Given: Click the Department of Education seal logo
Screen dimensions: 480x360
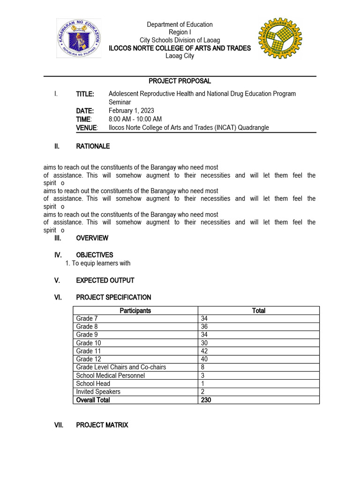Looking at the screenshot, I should coord(79,38).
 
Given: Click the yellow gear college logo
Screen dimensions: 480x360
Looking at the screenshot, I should coord(280,38).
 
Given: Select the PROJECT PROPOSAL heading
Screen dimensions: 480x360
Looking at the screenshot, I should coord(180,81).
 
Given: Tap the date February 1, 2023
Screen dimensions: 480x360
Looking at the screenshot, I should coord(131,111).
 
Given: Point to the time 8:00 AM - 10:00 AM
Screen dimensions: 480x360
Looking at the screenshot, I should coord(135,119).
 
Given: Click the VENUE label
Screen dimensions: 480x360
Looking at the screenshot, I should coord(87,127).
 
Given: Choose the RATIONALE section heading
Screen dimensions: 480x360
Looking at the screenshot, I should coord(93,146).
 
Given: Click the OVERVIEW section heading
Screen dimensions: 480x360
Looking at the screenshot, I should coord(92,238).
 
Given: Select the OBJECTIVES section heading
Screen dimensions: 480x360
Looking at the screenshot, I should coord(94,255).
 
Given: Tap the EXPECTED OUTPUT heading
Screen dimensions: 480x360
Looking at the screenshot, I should coord(105,280).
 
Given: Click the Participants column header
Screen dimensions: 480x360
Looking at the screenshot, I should coord(135,310).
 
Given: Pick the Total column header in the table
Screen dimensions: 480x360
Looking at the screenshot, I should coord(258,310).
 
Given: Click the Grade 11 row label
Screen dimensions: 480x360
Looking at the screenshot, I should coord(89,351).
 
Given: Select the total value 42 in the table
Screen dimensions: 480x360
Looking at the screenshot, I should coord(205,351).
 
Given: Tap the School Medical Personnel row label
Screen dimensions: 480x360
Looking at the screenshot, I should coord(111,375).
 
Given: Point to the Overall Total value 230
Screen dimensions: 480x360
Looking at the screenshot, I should coord(206,400).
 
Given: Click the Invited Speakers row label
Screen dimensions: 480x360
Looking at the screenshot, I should coord(98,391).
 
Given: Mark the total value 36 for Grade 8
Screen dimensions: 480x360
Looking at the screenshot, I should coord(205,327).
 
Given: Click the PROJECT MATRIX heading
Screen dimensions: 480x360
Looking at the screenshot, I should coord(102,425).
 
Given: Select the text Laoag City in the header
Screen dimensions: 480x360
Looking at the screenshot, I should coord(180,56).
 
